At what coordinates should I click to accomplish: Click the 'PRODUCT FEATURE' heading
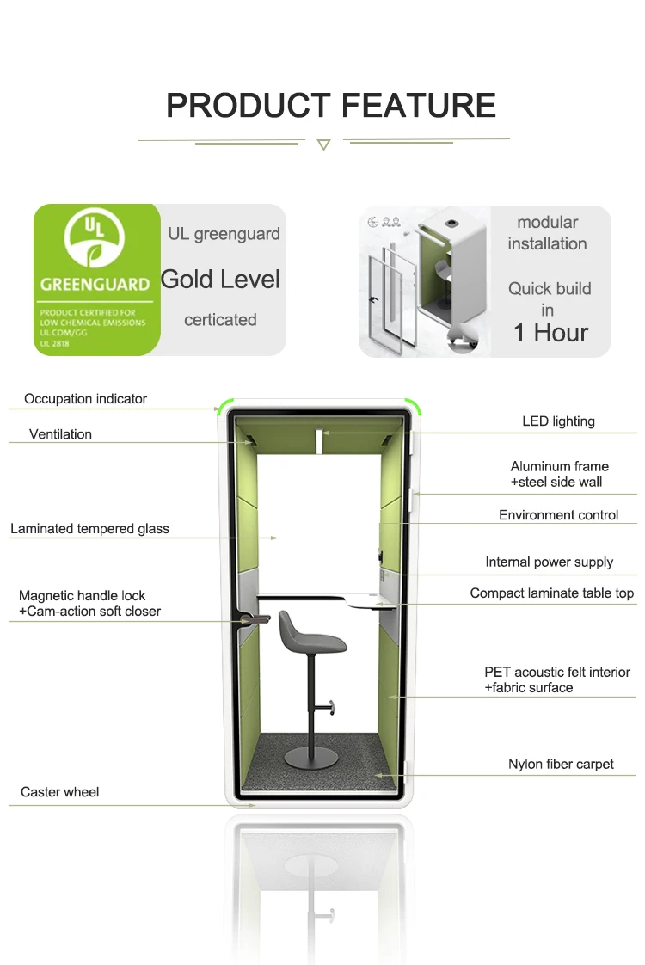pos(331,106)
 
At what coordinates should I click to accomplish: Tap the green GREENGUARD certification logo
pos(95,280)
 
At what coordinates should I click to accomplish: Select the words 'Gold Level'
pos(221,280)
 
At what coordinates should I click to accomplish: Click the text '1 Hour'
pos(550,333)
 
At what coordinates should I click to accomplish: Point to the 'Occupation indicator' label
pos(85,399)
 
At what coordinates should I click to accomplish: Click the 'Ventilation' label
pos(60,434)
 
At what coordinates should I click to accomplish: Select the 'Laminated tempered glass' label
pos(89,529)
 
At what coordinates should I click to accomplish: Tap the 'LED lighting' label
pos(558,421)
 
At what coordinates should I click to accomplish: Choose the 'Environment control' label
pos(558,515)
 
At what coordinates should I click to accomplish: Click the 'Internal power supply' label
pos(549,562)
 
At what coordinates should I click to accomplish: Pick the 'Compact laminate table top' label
pos(551,593)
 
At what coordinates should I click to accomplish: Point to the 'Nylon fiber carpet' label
pos(561,764)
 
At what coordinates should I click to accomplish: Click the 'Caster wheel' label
pos(60,792)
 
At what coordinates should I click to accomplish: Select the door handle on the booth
pos(255,619)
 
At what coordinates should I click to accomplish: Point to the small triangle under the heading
pos(323,145)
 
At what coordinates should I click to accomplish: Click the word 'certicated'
pos(220,320)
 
